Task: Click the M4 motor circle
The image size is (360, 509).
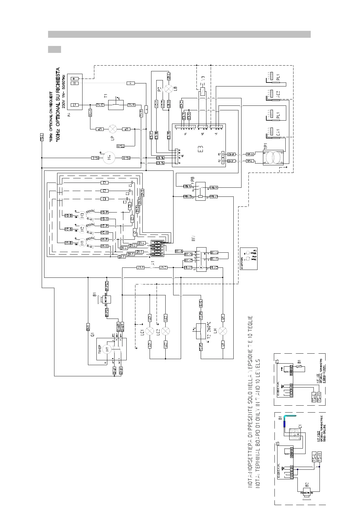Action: click(x=109, y=157)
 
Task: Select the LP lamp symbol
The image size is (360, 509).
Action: click(x=113, y=129)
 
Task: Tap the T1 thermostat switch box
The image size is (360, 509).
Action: click(x=116, y=105)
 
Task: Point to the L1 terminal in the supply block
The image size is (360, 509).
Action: click(x=74, y=105)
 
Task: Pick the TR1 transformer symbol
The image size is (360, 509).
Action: click(x=273, y=157)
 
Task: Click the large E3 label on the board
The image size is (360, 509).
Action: click(x=200, y=149)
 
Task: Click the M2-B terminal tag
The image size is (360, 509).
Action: click(x=68, y=229)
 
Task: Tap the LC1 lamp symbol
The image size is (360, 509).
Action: click(x=150, y=331)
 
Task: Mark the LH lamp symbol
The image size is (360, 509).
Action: click(x=223, y=331)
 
